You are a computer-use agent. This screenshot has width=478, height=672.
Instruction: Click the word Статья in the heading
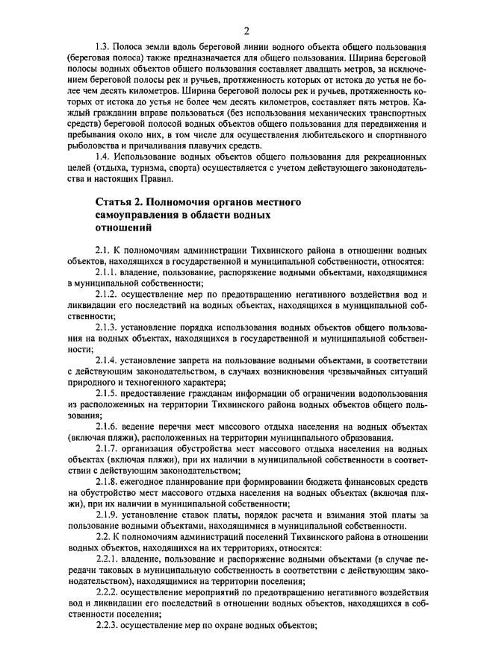[116, 203]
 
